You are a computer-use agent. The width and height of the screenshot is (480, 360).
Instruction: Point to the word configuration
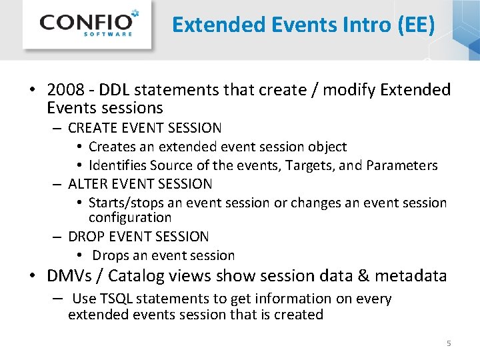(130, 218)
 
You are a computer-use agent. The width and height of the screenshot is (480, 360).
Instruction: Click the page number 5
(449, 343)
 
